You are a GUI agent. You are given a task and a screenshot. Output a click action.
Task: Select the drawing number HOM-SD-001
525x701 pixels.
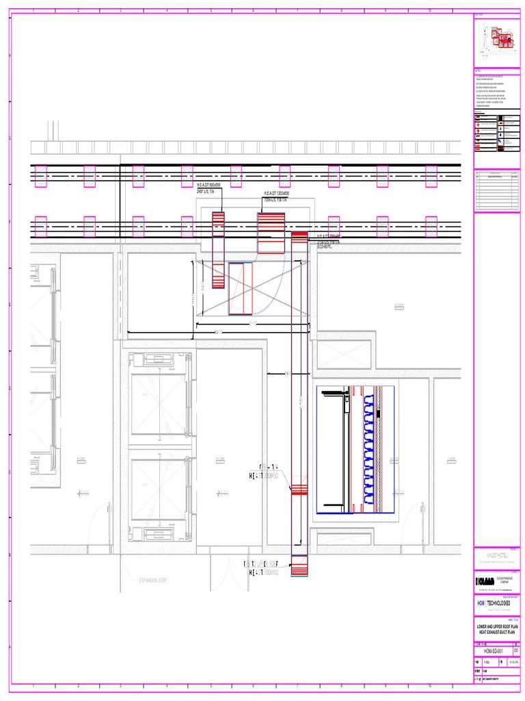(493, 651)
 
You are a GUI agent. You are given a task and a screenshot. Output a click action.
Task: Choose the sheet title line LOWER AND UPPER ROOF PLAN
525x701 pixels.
(497, 626)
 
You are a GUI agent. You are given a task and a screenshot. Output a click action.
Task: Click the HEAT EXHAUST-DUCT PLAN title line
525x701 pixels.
(497, 632)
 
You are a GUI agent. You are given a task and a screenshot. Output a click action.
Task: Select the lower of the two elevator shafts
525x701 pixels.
(159, 490)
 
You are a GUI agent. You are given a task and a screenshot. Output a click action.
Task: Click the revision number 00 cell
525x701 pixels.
(515, 651)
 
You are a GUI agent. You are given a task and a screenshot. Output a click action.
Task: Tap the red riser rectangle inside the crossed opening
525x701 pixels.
(241, 288)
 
